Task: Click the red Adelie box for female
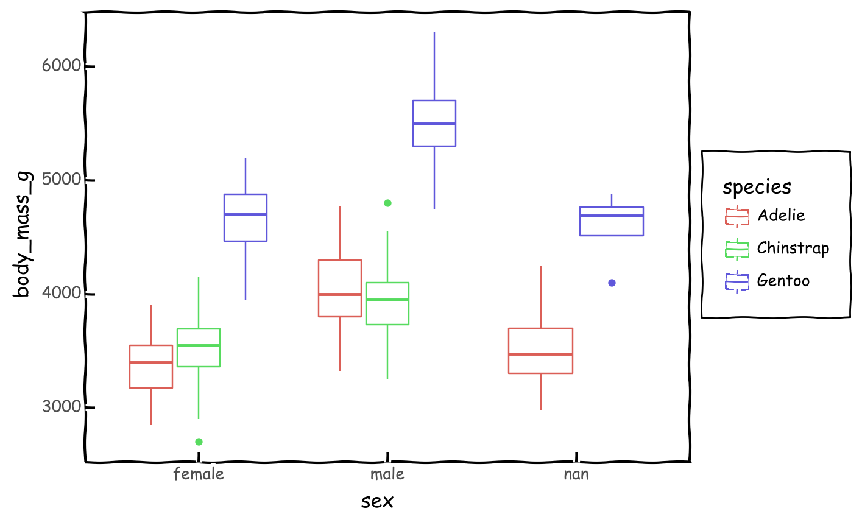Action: (x=151, y=367)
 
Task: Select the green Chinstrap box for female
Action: (x=199, y=348)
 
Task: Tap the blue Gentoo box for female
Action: (x=246, y=218)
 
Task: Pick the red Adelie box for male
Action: (x=340, y=288)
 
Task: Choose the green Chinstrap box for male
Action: (x=387, y=303)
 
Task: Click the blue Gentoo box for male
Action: (x=434, y=123)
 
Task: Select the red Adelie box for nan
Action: (x=540, y=351)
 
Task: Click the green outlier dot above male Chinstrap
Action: (x=387, y=203)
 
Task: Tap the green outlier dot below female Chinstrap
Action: (x=199, y=442)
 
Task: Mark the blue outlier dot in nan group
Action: (x=612, y=283)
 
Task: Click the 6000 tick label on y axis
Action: (x=62, y=66)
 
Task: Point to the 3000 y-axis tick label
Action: (x=62, y=407)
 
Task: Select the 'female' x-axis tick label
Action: (x=199, y=474)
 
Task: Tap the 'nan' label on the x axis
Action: (x=576, y=474)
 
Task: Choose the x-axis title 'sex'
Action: (x=377, y=501)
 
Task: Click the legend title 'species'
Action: (x=757, y=187)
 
